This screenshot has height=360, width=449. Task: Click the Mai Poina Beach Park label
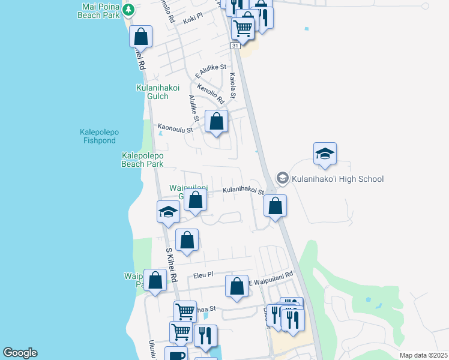[100, 10]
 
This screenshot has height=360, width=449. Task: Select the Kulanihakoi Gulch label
[158, 92]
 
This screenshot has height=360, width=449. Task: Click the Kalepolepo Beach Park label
[142, 160]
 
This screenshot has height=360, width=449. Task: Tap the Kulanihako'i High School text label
[337, 179]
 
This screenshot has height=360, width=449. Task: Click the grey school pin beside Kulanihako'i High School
[282, 178]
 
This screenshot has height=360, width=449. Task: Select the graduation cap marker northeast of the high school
[325, 154]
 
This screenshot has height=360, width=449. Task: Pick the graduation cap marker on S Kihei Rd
[169, 212]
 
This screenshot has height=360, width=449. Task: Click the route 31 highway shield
[235, 46]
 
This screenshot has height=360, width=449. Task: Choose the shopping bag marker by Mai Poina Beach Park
[141, 36]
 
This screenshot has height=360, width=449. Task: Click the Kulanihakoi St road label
[243, 191]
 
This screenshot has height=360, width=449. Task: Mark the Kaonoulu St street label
[175, 128]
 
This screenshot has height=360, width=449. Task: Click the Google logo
[20, 353]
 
